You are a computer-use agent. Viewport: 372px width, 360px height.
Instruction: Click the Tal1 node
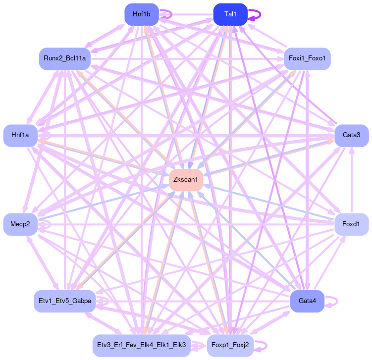click(230, 14)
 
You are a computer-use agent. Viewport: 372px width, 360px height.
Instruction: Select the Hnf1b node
click(141, 14)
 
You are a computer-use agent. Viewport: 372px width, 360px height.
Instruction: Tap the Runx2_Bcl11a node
click(64, 58)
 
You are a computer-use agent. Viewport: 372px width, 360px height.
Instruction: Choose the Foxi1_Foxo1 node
click(307, 59)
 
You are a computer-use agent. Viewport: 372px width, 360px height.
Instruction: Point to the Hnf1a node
click(20, 135)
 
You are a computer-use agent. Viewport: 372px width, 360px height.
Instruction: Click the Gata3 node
click(351, 135)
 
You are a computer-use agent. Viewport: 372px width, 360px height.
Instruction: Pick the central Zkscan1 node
click(186, 179)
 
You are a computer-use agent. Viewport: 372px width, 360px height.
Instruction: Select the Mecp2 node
click(20, 224)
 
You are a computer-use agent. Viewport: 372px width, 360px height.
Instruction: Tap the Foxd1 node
click(351, 224)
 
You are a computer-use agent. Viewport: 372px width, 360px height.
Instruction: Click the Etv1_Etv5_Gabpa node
click(65, 301)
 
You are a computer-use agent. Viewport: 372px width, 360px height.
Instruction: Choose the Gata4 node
click(307, 301)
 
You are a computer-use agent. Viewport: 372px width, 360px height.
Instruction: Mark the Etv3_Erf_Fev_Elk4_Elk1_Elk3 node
click(141, 345)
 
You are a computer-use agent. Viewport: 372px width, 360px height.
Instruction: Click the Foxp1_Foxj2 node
click(230, 345)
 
